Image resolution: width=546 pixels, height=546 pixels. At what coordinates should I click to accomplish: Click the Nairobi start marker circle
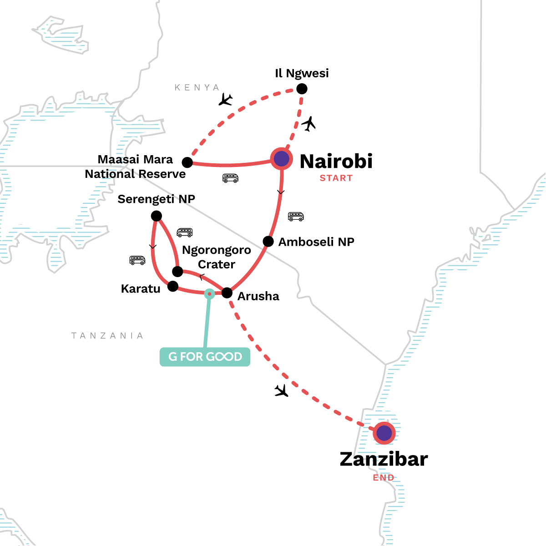(x=282, y=159)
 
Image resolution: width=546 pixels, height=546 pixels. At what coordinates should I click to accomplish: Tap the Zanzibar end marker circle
(x=384, y=433)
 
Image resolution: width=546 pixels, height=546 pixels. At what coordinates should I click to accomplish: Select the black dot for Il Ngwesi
(x=302, y=89)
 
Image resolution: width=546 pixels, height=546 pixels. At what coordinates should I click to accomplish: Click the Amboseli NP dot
(x=268, y=241)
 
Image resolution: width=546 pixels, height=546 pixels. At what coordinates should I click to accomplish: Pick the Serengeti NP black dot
(x=156, y=216)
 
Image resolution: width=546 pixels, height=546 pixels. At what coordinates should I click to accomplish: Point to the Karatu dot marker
(x=173, y=286)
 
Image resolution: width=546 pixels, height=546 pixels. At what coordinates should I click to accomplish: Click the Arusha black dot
(x=227, y=293)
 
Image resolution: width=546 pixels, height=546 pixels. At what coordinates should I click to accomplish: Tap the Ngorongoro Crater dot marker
(x=177, y=272)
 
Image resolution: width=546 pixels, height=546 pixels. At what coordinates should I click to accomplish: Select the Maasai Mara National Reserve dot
(x=187, y=162)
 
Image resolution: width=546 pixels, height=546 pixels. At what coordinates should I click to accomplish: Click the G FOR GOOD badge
(x=205, y=357)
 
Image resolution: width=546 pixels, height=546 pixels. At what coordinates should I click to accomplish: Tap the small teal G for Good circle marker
(x=209, y=294)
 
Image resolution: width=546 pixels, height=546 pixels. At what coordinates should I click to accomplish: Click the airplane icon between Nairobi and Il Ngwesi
(x=309, y=124)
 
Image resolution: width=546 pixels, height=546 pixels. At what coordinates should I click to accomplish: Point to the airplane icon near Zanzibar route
(x=282, y=390)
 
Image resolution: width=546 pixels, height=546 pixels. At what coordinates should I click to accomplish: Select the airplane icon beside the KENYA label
(x=225, y=99)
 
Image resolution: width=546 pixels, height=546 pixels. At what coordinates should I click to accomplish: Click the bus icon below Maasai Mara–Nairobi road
(x=231, y=178)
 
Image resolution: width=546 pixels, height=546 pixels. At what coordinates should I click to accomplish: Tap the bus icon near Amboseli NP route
(x=296, y=217)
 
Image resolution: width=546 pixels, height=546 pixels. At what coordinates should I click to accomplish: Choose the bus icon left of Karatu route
(x=137, y=260)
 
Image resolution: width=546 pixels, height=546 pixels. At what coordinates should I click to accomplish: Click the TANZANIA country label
(x=107, y=336)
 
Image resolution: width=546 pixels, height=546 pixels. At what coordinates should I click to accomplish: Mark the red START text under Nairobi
(x=336, y=178)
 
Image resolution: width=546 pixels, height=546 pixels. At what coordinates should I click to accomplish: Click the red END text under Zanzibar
(x=384, y=477)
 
